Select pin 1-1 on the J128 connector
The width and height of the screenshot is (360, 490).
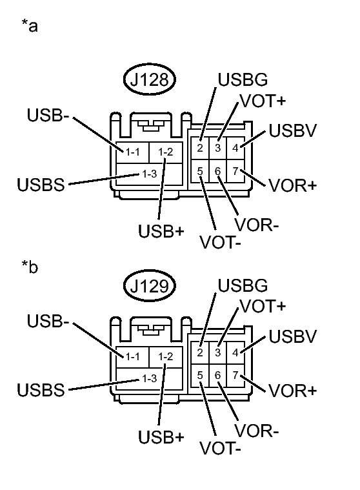click(x=133, y=152)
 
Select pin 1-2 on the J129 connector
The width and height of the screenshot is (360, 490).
click(x=165, y=356)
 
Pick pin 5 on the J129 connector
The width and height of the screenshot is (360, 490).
click(x=201, y=375)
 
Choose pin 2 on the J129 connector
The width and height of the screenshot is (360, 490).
click(x=201, y=352)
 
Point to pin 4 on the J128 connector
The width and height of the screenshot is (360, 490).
click(x=235, y=147)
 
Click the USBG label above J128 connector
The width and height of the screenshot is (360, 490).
click(x=242, y=81)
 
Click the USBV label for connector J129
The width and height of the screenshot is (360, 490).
click(x=292, y=336)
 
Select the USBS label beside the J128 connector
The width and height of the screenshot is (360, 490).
click(x=41, y=185)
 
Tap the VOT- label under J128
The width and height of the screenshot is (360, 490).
click(x=221, y=243)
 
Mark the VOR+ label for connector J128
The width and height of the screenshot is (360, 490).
click(x=292, y=185)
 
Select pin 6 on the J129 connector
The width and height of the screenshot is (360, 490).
click(x=218, y=375)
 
